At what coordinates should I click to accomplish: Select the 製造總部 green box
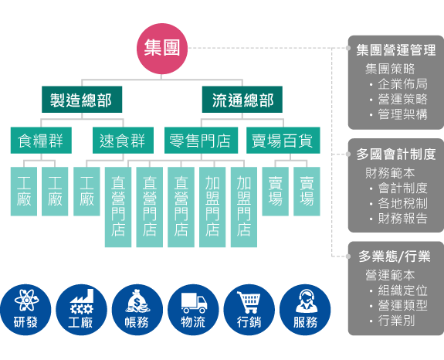[81, 100]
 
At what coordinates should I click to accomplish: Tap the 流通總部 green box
[242, 100]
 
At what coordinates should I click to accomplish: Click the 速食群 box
[122, 141]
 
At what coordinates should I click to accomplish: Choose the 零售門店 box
[200, 141]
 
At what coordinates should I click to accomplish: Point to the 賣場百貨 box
[282, 141]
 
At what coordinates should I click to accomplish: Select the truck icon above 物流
[193, 301]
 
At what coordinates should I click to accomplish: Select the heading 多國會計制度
[396, 155]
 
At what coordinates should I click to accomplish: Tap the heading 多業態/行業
[395, 256]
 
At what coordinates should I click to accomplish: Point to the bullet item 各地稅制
[402, 204]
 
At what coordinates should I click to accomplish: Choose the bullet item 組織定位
[402, 290]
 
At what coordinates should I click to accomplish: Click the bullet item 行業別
[397, 320]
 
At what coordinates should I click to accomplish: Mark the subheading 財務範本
[390, 173]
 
